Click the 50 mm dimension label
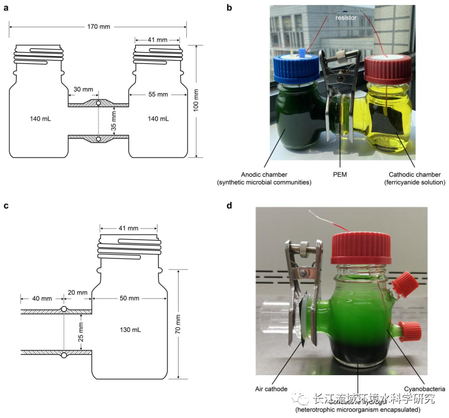[x=130, y=298]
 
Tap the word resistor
[x=346, y=18]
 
